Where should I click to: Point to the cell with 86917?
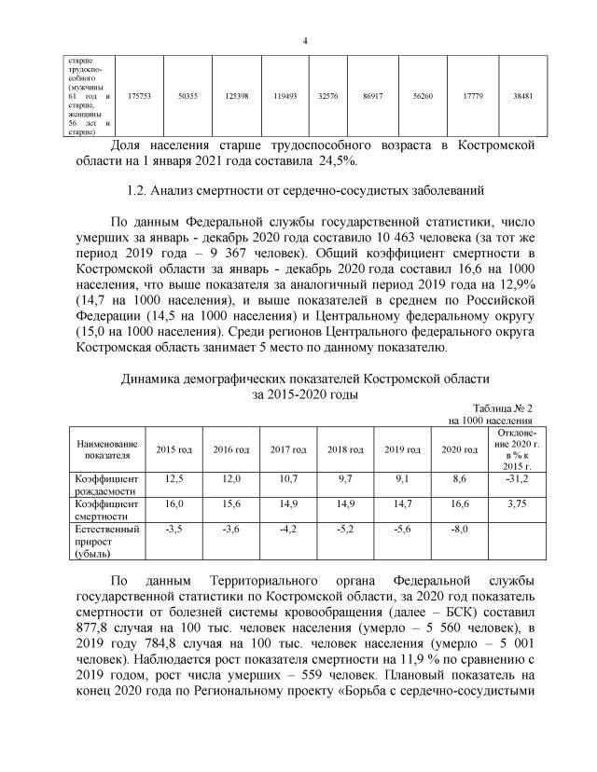(x=373, y=95)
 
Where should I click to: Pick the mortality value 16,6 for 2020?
(x=460, y=503)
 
